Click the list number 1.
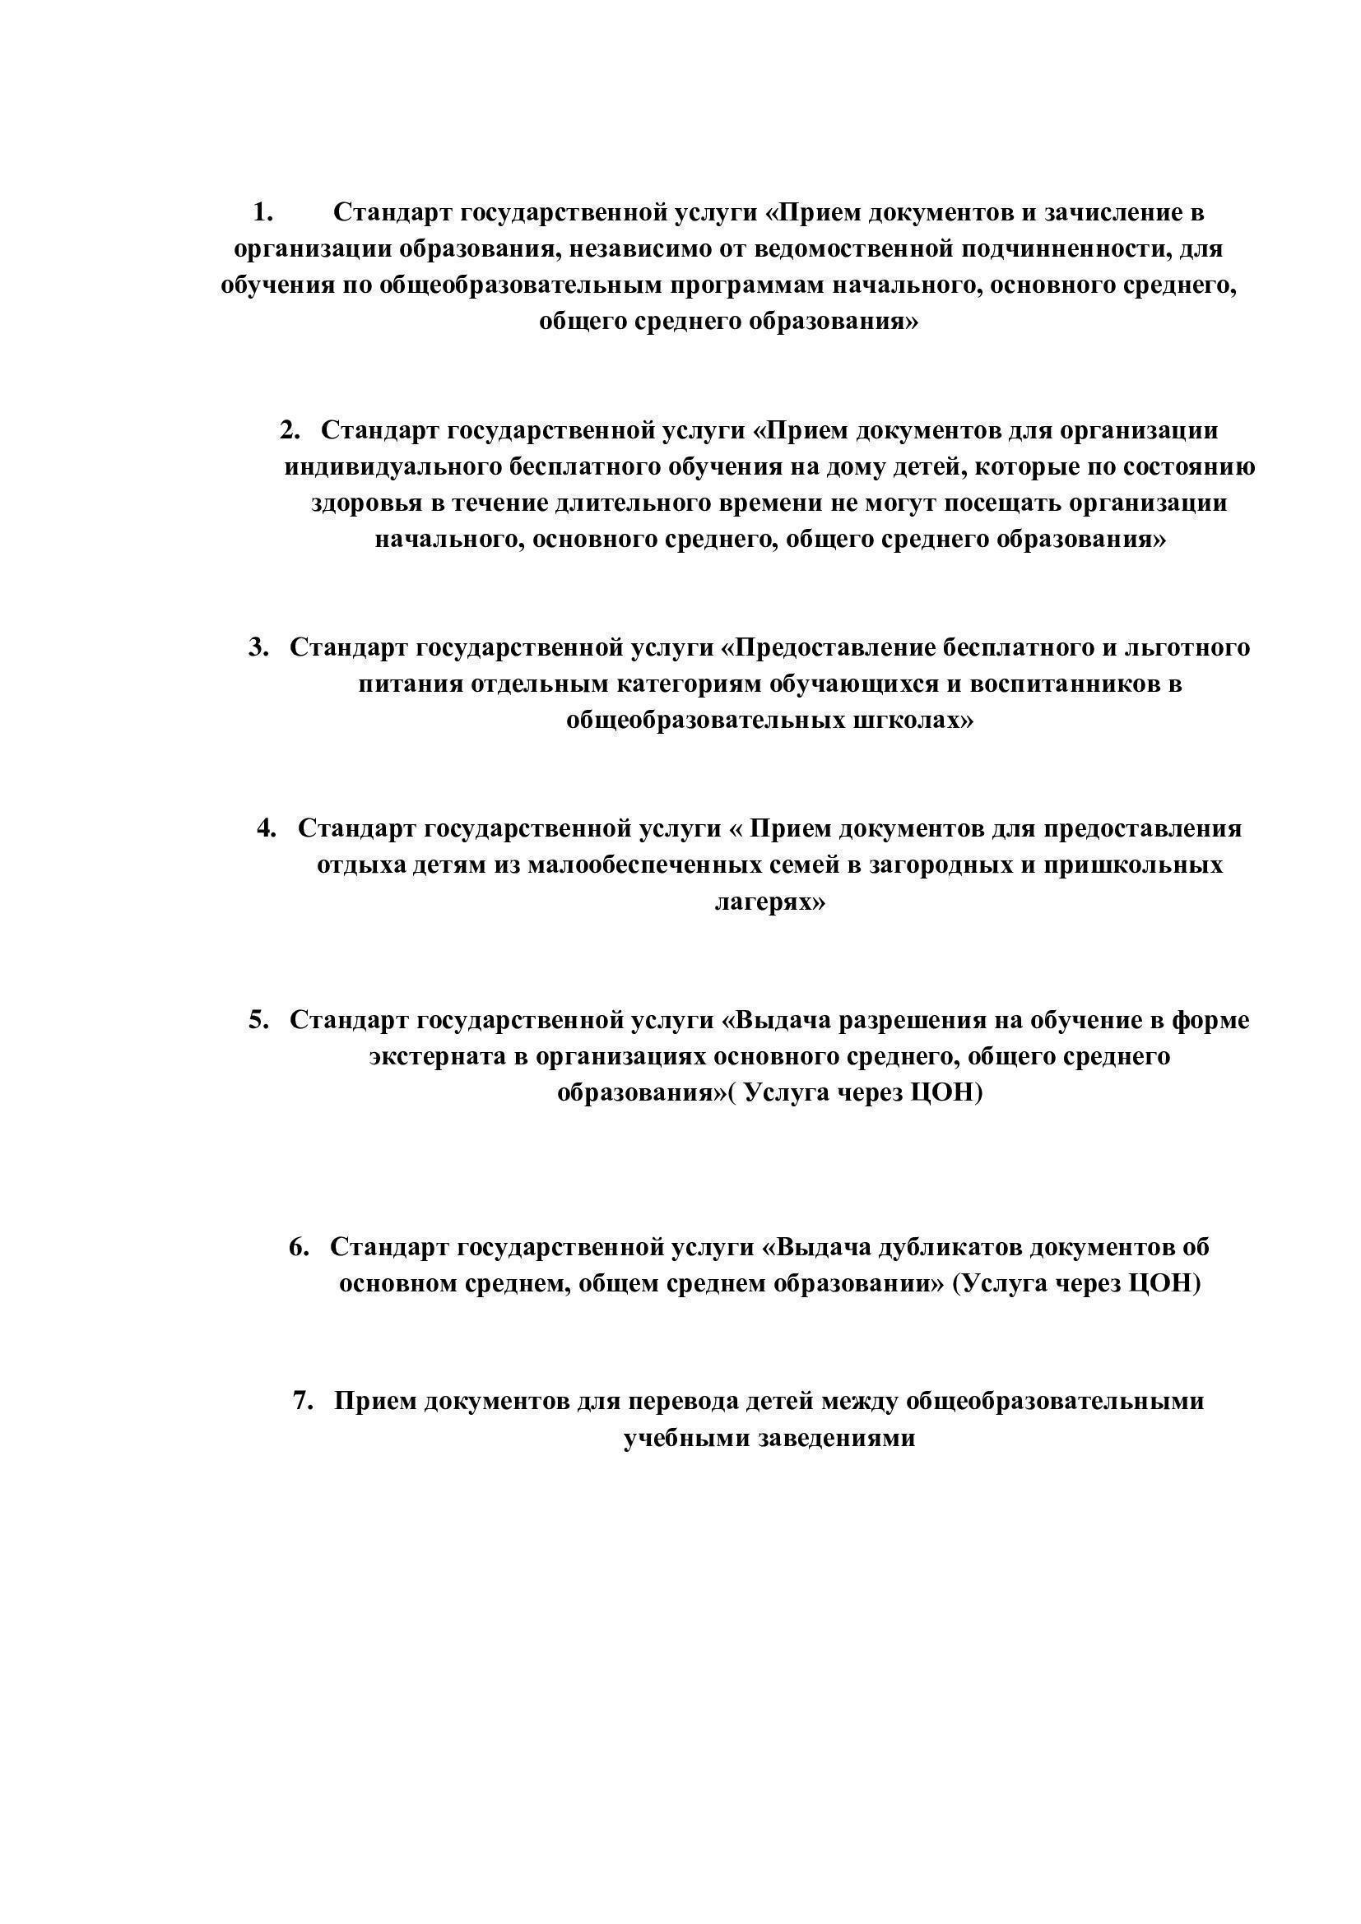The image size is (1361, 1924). coord(262,213)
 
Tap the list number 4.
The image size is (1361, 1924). coord(267,828)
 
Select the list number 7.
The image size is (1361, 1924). coord(303,1400)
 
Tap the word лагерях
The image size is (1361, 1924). coord(769,902)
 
